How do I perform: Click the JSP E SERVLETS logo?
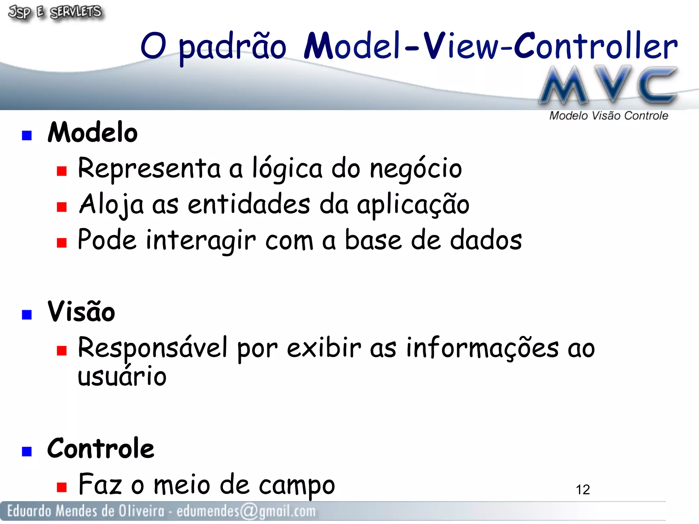(55, 13)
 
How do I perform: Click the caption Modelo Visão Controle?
(608, 116)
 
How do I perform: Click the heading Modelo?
(92, 133)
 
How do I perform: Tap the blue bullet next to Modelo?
(27, 135)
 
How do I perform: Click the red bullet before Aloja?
(62, 207)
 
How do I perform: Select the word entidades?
(249, 204)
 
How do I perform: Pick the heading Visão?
(81, 312)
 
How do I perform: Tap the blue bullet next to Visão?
(27, 315)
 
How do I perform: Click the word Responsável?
(152, 348)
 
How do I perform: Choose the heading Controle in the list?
(101, 448)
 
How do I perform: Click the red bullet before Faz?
(62, 487)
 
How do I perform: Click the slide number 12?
(583, 490)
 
